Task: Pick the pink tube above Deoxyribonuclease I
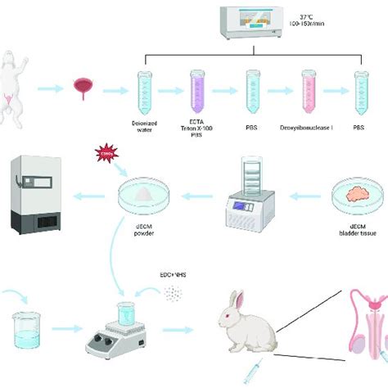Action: pyautogui.click(x=308, y=89)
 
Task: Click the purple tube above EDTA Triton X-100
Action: pyautogui.click(x=198, y=89)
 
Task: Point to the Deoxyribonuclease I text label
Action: pyautogui.click(x=309, y=128)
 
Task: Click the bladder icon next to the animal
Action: pyautogui.click(x=83, y=88)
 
